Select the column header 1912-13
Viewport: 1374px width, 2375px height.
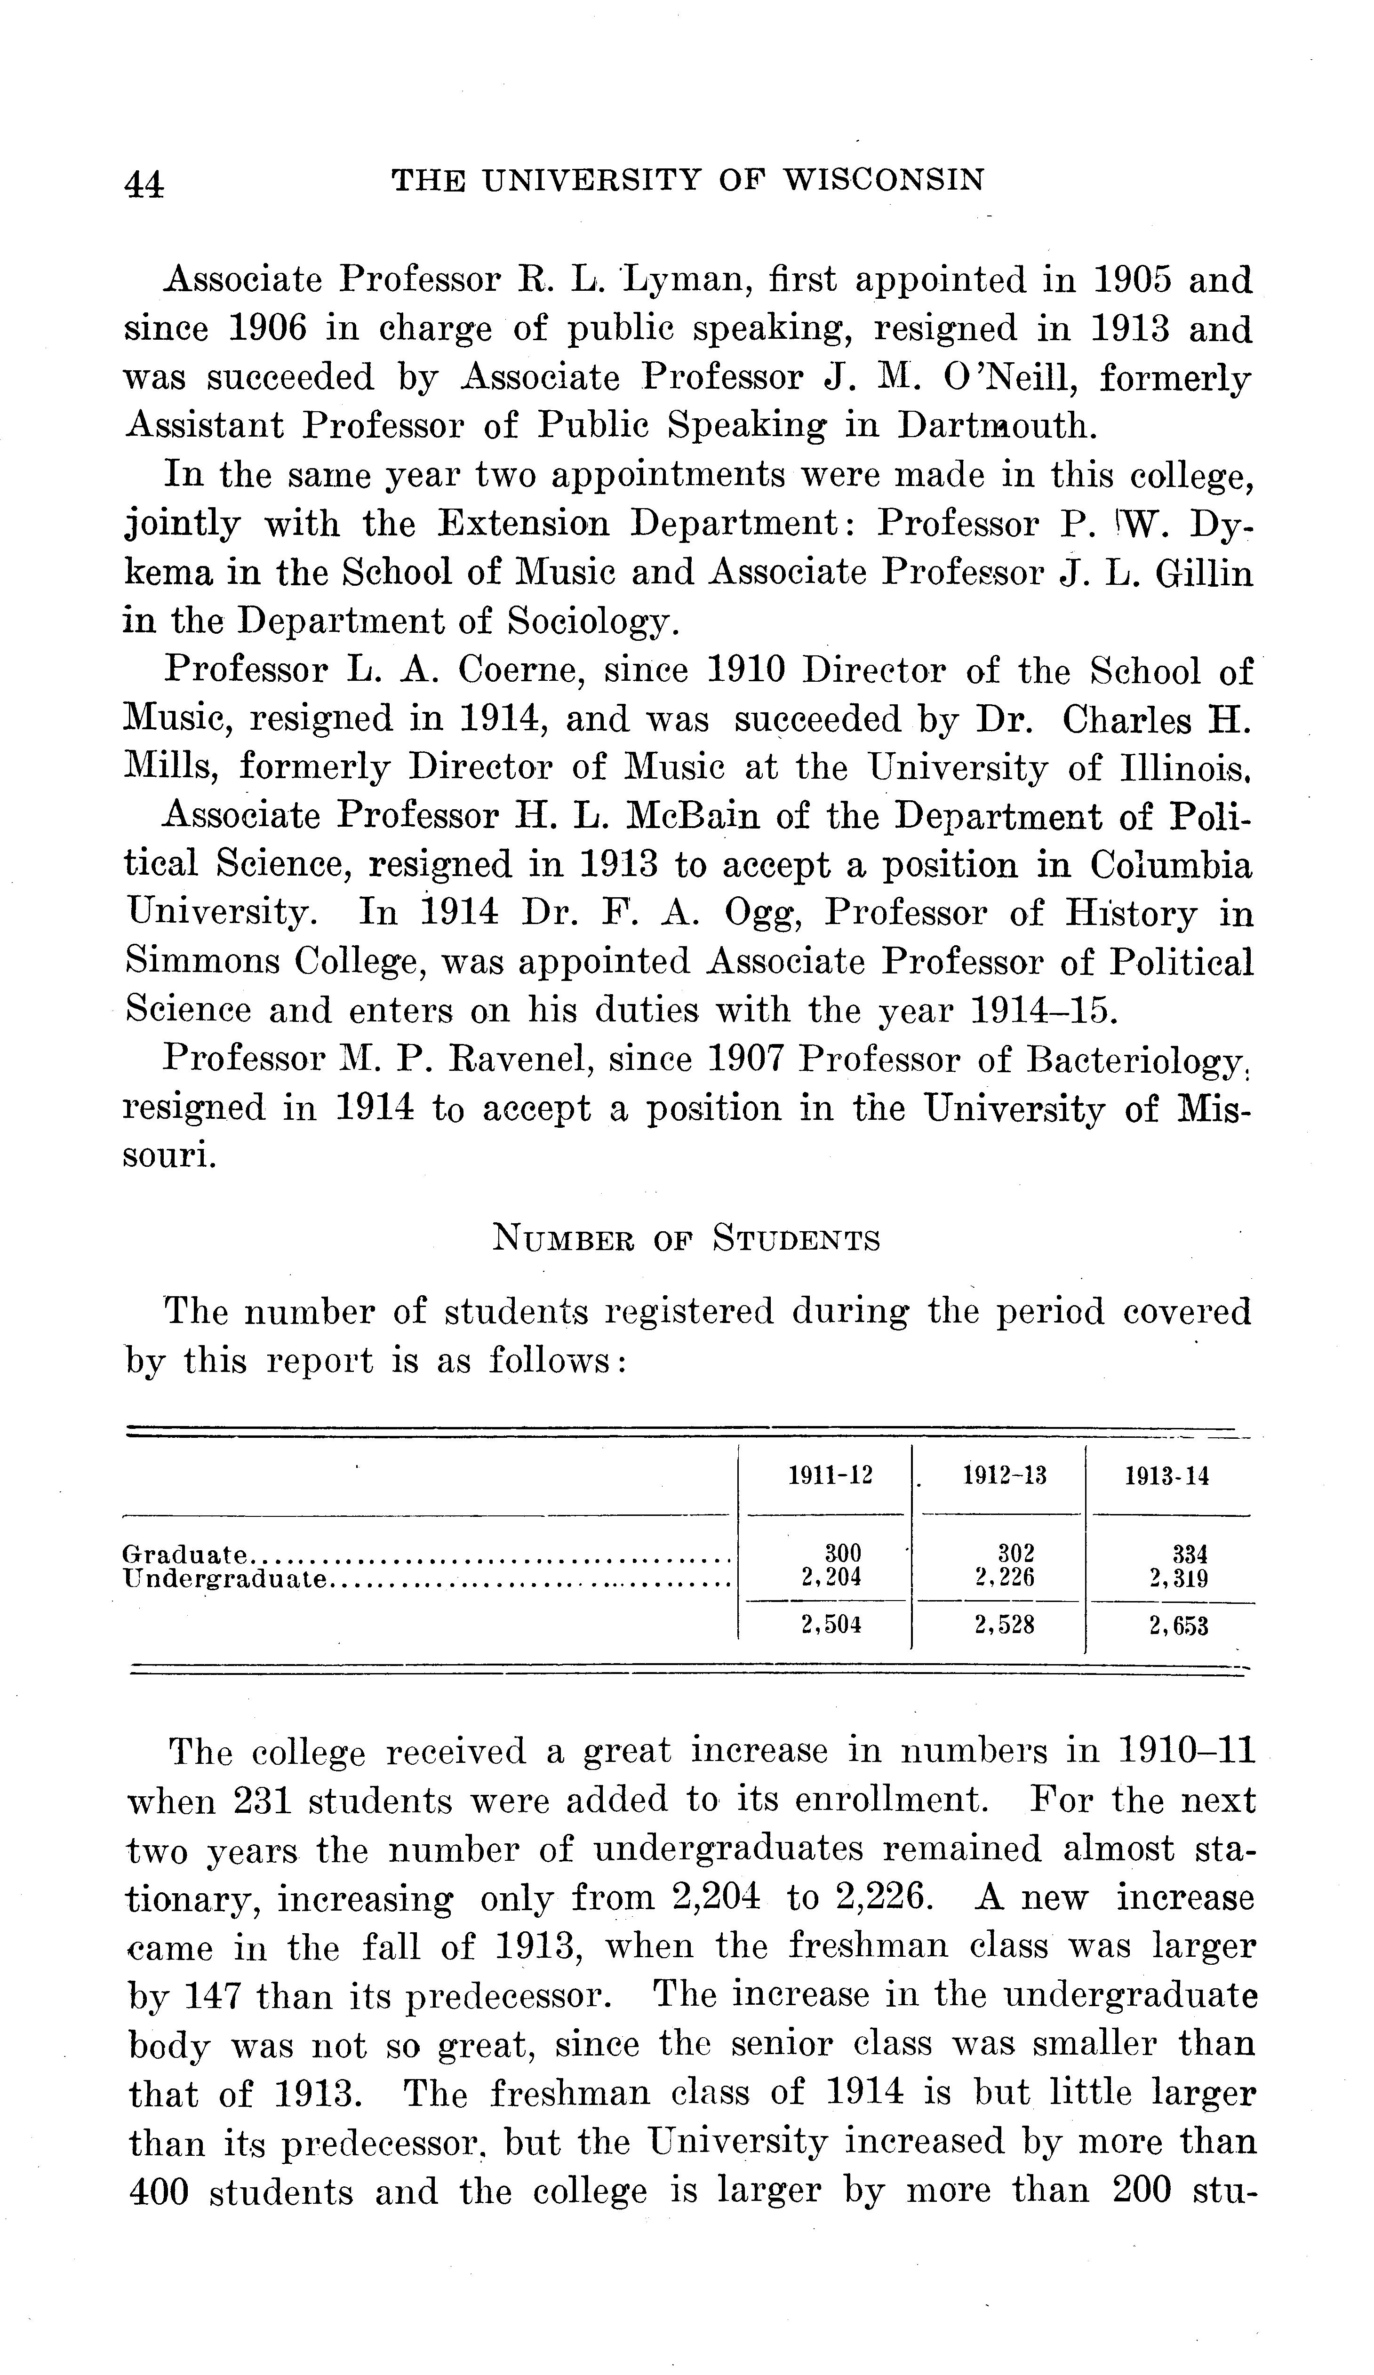(1005, 1476)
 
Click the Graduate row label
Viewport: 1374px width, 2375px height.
(186, 1553)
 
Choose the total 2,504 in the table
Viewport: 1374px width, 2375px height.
(830, 1626)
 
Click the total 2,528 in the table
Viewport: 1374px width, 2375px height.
(1005, 1626)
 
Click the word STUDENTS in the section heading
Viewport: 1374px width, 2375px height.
(796, 1239)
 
